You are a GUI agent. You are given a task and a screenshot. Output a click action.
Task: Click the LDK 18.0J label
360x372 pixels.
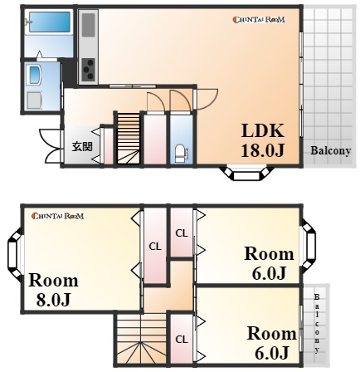263,140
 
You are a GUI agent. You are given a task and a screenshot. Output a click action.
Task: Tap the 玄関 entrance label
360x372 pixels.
82,147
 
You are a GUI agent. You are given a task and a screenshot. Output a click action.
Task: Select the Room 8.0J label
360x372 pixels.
54,290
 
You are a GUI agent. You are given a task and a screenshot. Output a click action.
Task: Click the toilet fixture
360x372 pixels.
181,154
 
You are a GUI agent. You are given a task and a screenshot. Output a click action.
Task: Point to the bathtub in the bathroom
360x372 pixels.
50,22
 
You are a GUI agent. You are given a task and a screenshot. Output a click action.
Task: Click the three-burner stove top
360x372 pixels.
89,70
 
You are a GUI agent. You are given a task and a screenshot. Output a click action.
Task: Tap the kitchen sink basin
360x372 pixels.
89,25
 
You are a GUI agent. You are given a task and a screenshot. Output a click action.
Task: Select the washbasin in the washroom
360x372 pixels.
36,75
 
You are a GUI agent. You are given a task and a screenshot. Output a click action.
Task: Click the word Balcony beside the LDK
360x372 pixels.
331,151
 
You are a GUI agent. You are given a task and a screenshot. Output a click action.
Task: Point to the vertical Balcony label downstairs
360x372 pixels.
317,324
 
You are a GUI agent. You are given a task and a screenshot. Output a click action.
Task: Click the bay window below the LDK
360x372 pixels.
246,173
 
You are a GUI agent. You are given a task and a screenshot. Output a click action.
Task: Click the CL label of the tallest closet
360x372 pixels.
155,247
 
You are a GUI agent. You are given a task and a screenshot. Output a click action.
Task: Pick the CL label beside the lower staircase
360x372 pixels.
182,340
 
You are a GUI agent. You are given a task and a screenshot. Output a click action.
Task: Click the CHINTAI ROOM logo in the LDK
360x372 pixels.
259,20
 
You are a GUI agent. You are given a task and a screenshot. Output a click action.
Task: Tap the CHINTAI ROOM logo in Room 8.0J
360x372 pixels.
57,216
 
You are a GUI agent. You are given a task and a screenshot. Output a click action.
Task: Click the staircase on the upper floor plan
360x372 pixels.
129,139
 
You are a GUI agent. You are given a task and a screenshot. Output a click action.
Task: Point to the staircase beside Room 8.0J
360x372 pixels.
141,340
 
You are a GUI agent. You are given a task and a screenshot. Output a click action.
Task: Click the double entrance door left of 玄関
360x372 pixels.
51,146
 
